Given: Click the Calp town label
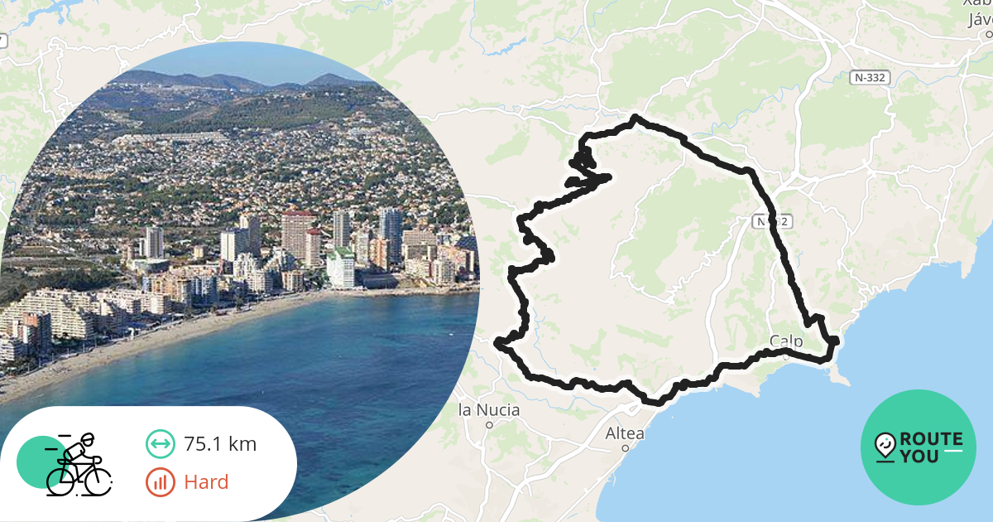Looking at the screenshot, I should (786, 341).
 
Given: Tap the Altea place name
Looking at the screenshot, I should (625, 433).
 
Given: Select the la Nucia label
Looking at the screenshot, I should (489, 410).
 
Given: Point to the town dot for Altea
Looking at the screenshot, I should (626, 448).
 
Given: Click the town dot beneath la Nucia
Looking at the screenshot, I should (489, 425).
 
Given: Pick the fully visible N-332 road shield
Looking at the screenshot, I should (871, 77).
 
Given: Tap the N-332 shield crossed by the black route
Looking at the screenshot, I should (773, 221).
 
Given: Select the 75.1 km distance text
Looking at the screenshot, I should (220, 444).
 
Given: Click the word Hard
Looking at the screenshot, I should (206, 481).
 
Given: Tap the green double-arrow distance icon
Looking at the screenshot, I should (160, 444).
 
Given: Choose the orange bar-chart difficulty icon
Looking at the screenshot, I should (160, 481).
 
